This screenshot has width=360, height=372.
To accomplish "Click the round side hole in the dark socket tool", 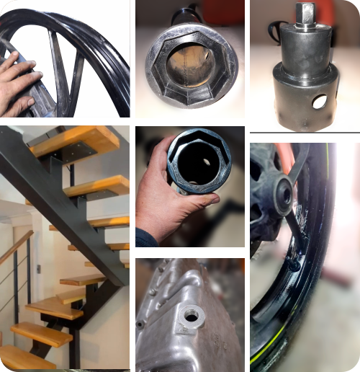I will (318, 102).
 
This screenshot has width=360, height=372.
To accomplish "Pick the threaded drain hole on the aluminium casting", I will (191, 314).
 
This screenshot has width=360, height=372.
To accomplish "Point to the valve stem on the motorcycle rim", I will (293, 265).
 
